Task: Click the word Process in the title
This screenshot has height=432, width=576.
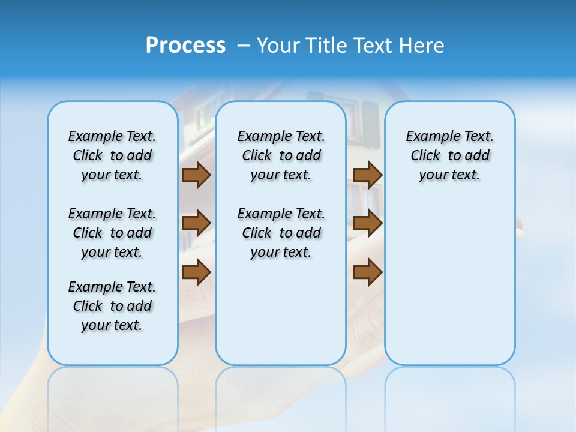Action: [185, 46]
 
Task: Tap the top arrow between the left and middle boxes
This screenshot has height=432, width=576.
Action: [196, 175]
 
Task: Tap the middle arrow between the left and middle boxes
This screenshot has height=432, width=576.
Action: [196, 223]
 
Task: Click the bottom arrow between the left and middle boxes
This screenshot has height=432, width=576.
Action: [196, 272]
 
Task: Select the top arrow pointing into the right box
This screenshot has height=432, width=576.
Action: [367, 175]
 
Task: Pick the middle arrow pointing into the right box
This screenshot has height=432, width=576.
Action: [367, 223]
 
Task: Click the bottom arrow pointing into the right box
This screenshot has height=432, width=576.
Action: [367, 272]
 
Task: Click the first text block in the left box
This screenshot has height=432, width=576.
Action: [112, 155]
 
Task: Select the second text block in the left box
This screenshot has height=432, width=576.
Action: [112, 233]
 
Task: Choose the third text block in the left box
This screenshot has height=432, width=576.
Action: [112, 306]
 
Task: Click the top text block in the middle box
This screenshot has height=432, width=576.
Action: [281, 155]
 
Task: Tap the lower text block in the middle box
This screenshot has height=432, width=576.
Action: [281, 233]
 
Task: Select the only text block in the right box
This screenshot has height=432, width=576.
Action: [449, 155]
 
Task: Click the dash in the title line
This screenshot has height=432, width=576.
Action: [244, 46]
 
